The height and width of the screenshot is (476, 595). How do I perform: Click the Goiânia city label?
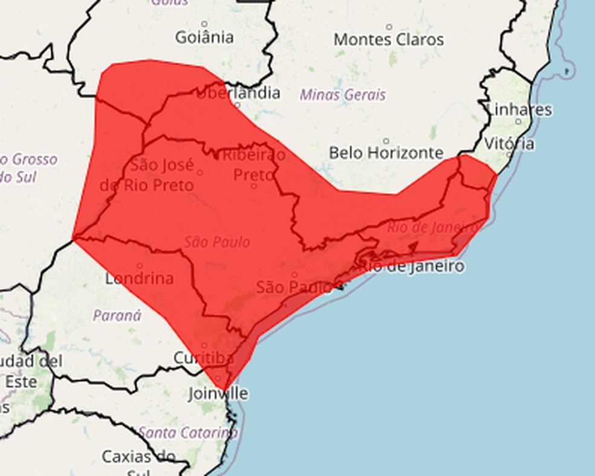[x=204, y=37]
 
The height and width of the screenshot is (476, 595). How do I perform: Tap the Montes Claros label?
[x=389, y=40]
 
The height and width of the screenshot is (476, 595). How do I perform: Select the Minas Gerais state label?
[x=342, y=95]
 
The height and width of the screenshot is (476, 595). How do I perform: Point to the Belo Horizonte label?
[x=386, y=152]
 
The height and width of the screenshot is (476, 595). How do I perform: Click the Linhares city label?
[x=519, y=110]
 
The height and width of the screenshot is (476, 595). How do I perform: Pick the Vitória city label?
[x=509, y=144]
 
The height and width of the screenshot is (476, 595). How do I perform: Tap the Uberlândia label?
[x=238, y=93]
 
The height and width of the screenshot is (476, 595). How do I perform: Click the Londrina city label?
[x=139, y=278]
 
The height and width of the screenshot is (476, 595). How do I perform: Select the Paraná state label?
[x=117, y=315]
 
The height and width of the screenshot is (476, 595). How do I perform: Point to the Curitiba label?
[x=203, y=358]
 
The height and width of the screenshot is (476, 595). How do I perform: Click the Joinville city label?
[x=218, y=394]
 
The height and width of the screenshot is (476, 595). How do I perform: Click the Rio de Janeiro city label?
[x=414, y=266]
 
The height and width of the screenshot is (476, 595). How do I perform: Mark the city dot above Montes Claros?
[x=389, y=27]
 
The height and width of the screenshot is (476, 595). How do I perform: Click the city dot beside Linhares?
[x=518, y=121]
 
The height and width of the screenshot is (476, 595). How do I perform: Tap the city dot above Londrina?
[x=140, y=265]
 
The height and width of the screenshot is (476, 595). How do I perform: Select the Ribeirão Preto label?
[x=254, y=164]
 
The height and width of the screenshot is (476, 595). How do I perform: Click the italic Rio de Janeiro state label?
[x=432, y=227]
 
